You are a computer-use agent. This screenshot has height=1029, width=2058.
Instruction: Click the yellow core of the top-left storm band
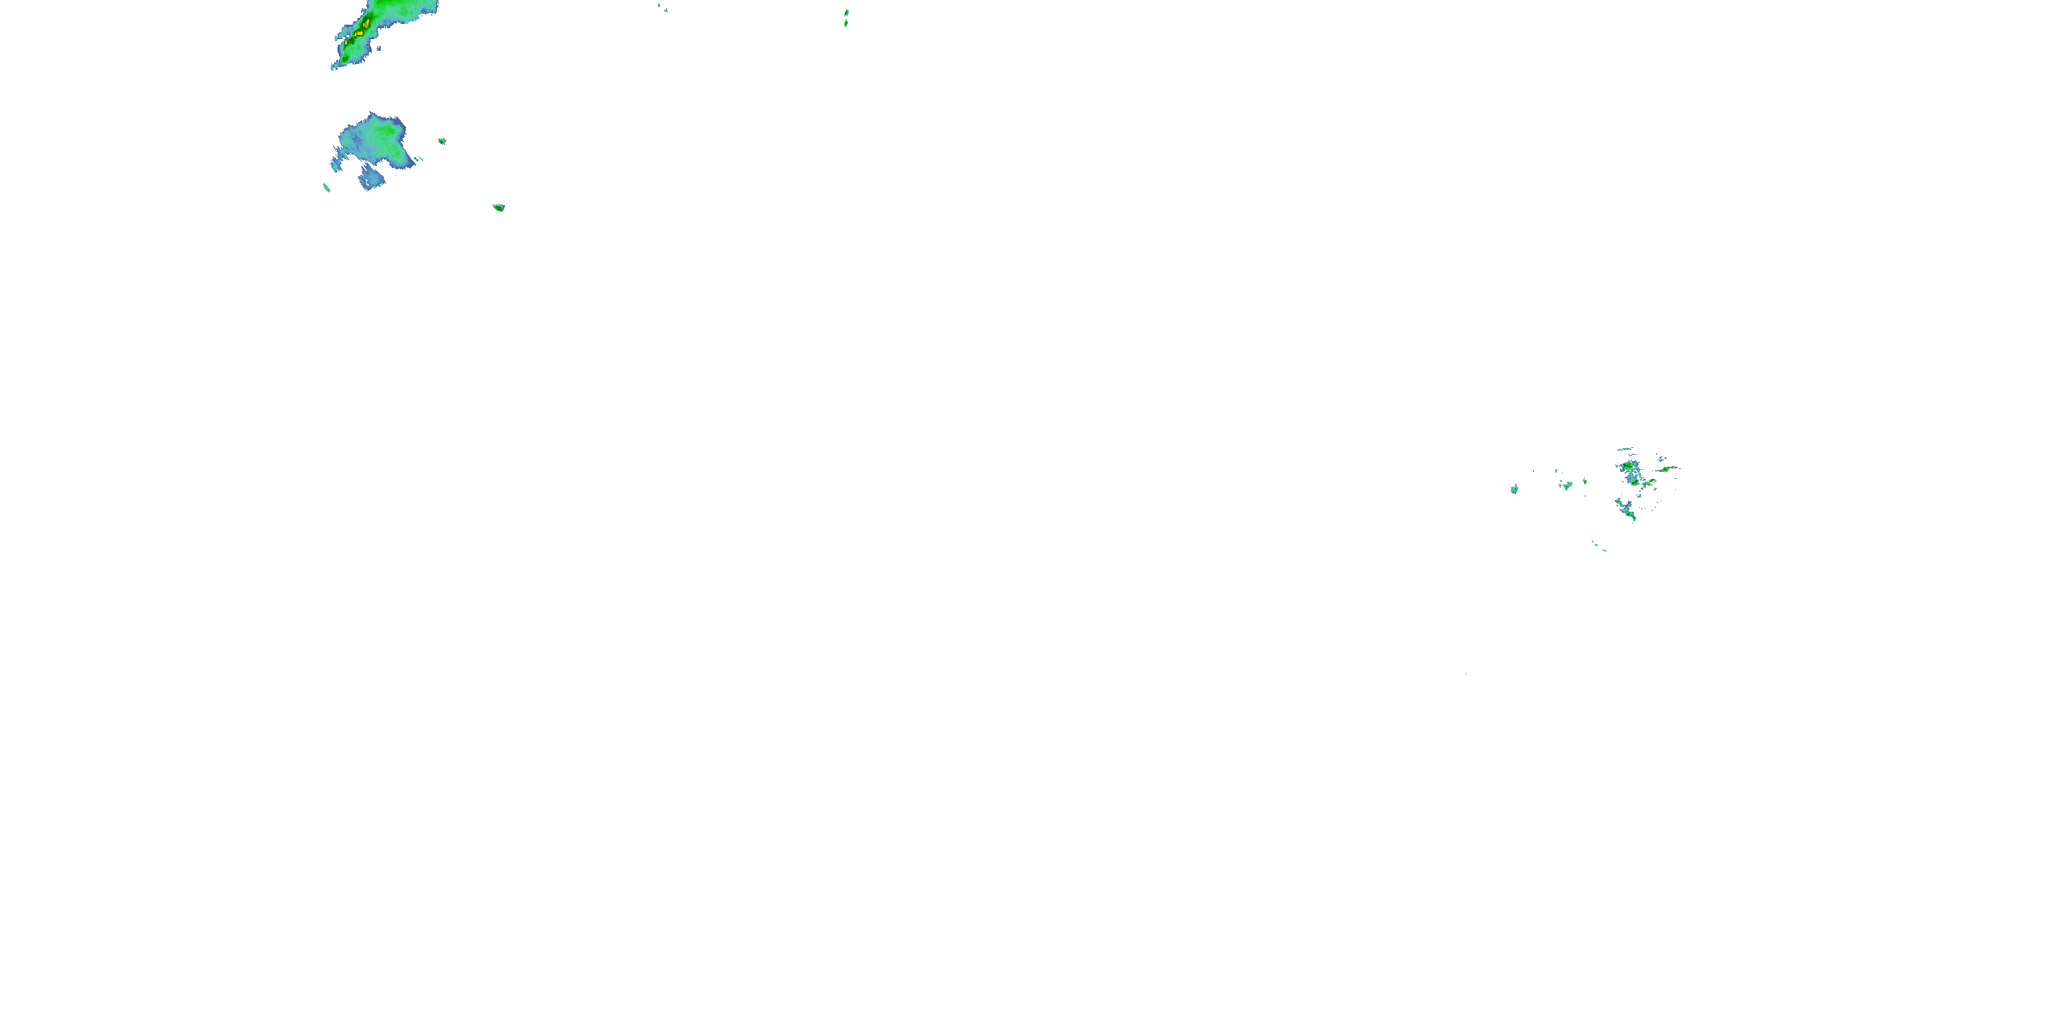(360, 33)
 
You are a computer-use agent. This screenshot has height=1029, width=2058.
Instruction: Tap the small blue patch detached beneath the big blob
(372, 180)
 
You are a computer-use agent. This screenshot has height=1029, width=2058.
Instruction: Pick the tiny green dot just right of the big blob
(442, 141)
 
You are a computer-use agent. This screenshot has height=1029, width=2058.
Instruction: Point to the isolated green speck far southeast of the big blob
(499, 208)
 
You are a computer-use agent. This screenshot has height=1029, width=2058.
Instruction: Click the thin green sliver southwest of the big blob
(326, 188)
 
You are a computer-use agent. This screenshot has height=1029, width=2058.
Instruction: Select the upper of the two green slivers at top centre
(847, 13)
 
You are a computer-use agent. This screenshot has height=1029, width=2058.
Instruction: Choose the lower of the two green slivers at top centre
(845, 24)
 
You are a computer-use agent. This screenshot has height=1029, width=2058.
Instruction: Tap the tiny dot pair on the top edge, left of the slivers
(663, 8)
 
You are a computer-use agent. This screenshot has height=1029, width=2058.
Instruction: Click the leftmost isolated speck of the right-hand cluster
(1514, 489)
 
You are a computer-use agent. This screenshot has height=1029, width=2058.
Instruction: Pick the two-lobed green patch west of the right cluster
(1567, 485)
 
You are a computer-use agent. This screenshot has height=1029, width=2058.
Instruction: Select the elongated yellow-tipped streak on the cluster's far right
(1668, 469)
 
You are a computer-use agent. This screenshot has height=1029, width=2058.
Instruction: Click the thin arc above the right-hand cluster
(1625, 450)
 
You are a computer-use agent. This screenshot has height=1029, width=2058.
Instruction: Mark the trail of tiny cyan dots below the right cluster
(1598, 545)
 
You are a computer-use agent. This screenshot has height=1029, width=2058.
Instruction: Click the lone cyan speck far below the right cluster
(1466, 674)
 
